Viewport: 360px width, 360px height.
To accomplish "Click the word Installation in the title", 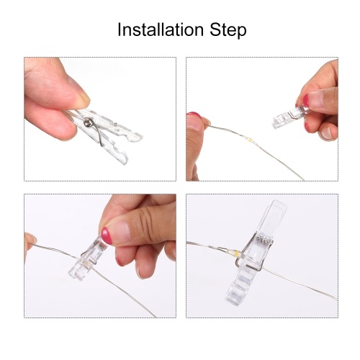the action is (161, 30).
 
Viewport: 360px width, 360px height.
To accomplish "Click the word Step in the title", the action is (228, 31).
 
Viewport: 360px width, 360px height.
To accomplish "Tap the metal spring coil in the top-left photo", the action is (88, 122).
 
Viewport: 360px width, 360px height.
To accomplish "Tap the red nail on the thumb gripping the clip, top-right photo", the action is (305, 100).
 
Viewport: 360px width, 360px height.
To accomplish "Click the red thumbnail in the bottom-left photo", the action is (107, 235).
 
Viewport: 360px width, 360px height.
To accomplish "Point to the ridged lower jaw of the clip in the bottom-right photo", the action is (240, 286).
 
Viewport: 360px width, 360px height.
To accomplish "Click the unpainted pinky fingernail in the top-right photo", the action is (327, 132).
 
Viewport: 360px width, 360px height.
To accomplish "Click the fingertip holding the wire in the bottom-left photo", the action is (30, 239).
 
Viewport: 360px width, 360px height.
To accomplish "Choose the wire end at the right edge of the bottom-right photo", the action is (336, 299).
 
